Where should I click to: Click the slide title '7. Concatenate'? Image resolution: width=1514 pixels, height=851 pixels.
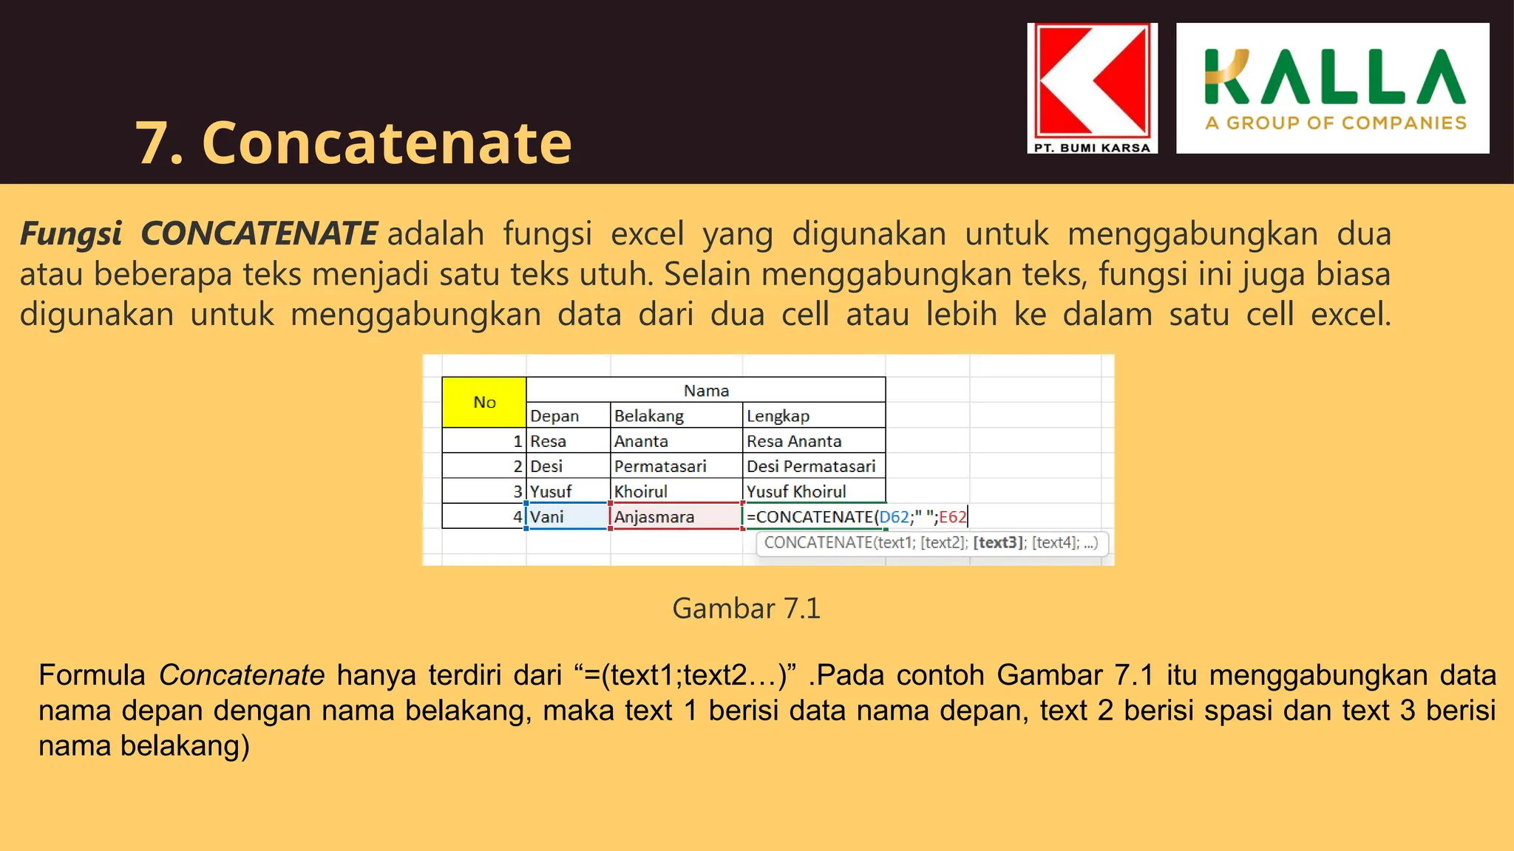pos(353,143)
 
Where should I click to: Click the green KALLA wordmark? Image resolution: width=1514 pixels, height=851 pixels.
pos(1334,77)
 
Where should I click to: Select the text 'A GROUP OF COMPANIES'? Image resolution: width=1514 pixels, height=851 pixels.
pos(1335,123)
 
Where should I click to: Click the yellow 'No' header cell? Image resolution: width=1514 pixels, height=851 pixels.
pos(484,403)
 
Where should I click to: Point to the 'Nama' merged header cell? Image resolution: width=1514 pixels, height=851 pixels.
pos(706,390)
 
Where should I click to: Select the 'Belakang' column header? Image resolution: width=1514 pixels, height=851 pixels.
pos(649,416)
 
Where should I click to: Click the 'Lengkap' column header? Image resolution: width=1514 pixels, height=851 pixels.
pos(778,416)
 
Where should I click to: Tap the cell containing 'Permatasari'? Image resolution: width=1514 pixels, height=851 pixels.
pos(660,466)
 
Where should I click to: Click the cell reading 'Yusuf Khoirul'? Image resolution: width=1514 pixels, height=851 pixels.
pos(796,491)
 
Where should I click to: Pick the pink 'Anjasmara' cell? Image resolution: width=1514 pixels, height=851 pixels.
pos(654,516)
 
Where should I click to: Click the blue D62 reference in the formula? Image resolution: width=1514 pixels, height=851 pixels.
pos(894,516)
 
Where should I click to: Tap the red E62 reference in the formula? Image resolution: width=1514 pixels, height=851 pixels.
pos(952,516)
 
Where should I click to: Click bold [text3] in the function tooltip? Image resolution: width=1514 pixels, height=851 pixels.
pos(998,542)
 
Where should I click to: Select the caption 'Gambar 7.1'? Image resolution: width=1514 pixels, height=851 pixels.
pos(746,608)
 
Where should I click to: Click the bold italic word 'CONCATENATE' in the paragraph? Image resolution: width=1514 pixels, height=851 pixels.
pos(259,233)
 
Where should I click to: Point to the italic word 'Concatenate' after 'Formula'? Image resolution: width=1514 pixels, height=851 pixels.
pos(242,674)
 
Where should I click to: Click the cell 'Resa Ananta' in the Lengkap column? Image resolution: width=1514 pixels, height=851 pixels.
pos(794,441)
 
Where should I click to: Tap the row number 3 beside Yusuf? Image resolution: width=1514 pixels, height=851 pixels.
pos(517,491)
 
